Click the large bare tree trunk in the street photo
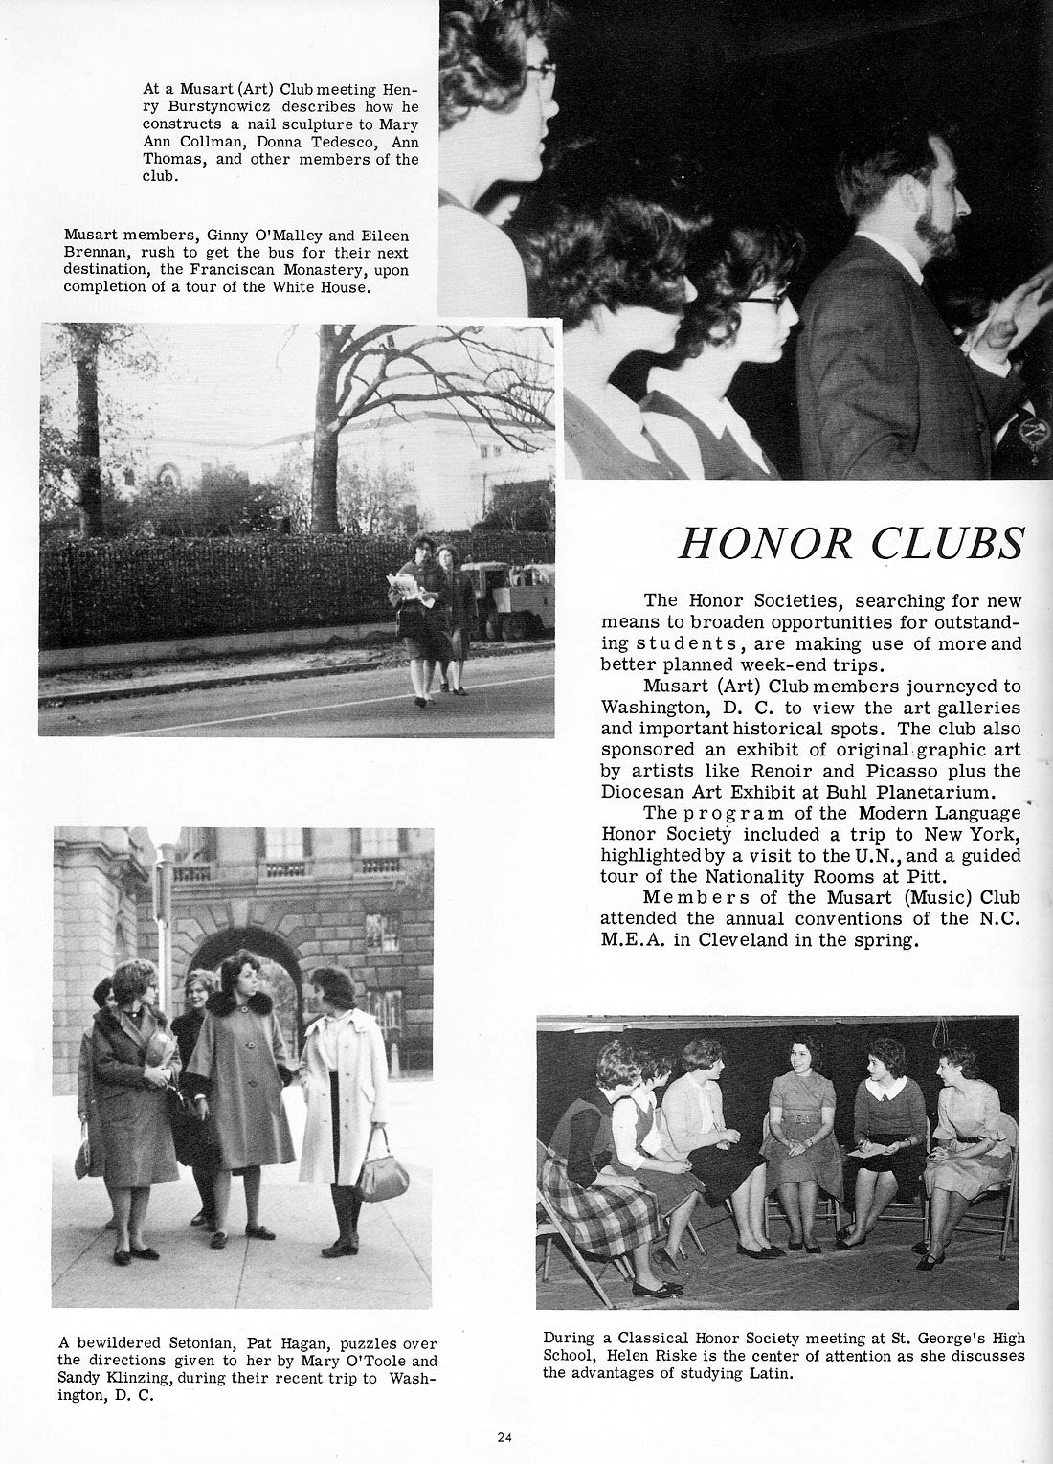point(327,431)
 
